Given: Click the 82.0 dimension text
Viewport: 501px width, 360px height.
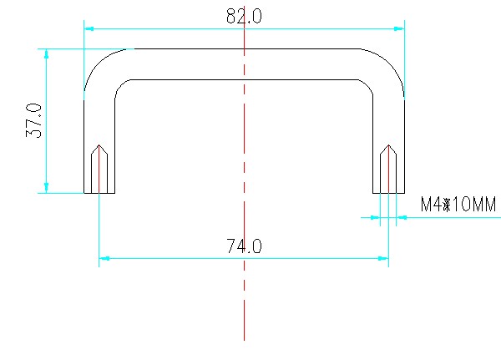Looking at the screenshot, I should click(x=244, y=17).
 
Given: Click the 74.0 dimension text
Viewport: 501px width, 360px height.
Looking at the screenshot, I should click(x=244, y=246).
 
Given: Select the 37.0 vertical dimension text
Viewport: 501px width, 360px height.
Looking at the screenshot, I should click(x=33, y=121).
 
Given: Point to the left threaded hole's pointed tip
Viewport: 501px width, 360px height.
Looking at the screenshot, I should click(x=99, y=145).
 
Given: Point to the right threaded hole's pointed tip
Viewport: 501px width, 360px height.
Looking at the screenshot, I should click(x=388, y=145).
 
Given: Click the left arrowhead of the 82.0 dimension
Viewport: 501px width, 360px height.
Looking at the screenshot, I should click(x=89, y=28).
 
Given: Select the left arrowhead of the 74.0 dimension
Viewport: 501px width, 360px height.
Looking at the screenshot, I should click(x=104, y=258).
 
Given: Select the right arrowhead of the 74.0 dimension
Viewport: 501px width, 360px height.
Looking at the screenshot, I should click(x=383, y=258).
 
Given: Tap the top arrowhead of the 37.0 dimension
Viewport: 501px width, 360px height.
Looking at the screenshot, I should click(x=47, y=53).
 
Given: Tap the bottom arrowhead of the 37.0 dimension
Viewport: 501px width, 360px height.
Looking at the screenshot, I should click(x=47, y=188).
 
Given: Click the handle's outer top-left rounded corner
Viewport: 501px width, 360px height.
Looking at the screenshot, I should click(x=98, y=63).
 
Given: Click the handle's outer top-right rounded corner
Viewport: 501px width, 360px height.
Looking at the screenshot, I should click(x=391, y=63).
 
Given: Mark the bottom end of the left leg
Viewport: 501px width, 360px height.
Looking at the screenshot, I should click(x=99, y=192).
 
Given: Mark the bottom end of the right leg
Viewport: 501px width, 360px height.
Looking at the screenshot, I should click(x=388, y=192).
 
